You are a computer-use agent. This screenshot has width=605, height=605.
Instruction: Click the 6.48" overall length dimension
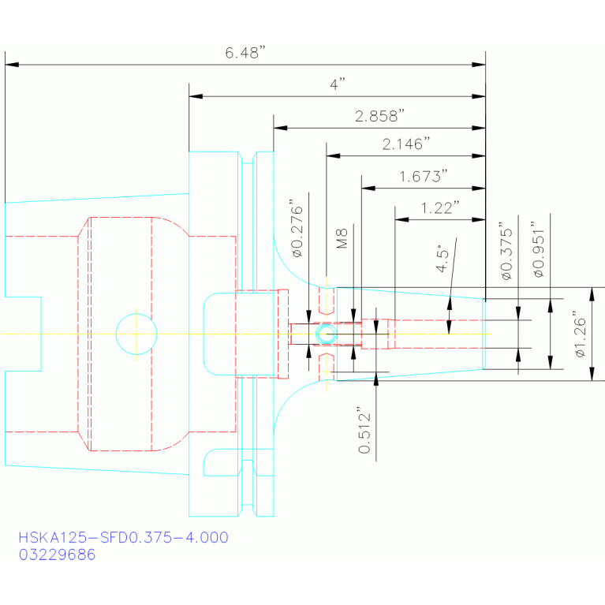[245, 53]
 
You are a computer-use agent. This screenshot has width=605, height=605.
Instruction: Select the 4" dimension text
[338, 84]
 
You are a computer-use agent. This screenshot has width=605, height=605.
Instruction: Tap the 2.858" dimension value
[379, 116]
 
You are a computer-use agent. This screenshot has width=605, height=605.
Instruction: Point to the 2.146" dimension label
[406, 144]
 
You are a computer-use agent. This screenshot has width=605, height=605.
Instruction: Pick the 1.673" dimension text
[424, 177]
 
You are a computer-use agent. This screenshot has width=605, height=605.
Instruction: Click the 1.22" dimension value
[440, 208]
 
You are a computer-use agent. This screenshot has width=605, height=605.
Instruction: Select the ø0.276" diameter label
[297, 229]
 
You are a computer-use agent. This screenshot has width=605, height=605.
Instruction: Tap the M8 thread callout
[342, 238]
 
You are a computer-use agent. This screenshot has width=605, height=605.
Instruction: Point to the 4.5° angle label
[443, 258]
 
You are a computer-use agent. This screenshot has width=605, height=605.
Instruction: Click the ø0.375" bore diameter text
[506, 251]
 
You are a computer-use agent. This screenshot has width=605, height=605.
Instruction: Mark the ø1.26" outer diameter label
[580, 334]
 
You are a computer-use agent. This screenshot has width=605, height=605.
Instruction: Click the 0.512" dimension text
[364, 430]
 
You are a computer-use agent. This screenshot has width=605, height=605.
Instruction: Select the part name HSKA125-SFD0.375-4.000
[124, 537]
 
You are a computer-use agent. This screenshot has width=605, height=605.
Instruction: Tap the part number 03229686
[57, 555]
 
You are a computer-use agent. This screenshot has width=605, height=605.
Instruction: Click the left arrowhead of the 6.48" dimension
[12, 65]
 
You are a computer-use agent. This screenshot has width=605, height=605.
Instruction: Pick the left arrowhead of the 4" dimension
[196, 96]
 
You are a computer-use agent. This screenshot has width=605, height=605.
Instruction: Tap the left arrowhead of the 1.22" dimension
[401, 219]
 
